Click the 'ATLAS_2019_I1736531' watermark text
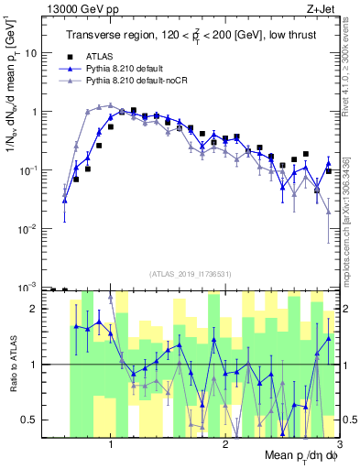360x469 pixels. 190,273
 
